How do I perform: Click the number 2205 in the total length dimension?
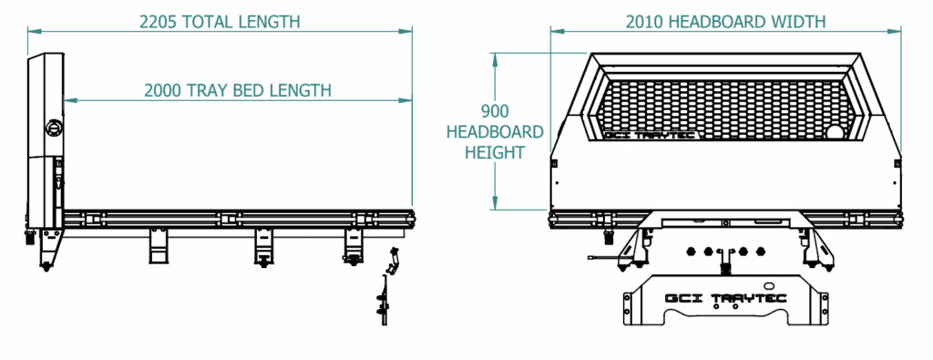click(159, 22)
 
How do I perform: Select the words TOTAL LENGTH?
click(241, 22)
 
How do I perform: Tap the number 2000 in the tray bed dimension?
click(164, 90)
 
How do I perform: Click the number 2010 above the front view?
click(644, 22)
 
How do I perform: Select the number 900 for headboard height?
click(495, 111)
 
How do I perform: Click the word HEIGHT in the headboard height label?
click(495, 153)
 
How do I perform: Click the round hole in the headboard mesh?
click(836, 133)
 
